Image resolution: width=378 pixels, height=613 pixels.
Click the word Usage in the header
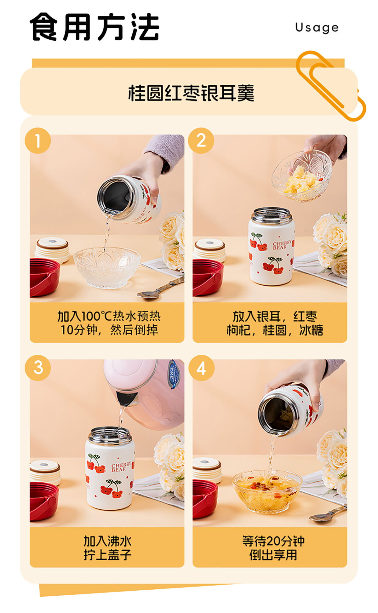click(x=317, y=28)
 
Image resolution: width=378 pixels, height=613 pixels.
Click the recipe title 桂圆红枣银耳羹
click(x=191, y=93)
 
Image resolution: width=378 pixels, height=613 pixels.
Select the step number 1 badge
click(x=38, y=140)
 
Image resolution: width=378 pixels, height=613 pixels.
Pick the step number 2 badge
click(x=201, y=140)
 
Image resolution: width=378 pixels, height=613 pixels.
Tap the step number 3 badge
click(x=38, y=368)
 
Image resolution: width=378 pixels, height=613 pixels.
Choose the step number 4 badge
click(x=201, y=368)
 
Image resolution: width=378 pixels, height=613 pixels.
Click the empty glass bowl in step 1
click(x=107, y=268)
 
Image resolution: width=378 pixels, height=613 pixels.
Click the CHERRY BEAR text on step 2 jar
click(x=282, y=245)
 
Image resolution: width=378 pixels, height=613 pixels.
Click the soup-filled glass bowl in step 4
click(x=267, y=492)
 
